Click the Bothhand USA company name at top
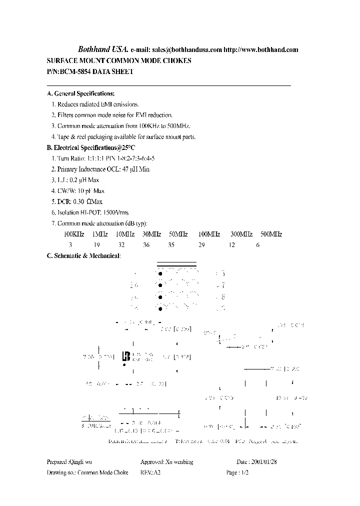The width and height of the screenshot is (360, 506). tap(103, 49)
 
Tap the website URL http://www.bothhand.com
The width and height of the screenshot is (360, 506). tap(260, 50)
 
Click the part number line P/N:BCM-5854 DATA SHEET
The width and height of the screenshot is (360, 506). tap(90, 71)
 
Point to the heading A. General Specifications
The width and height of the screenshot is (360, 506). tap(80, 93)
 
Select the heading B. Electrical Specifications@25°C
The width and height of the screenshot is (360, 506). tap(90, 147)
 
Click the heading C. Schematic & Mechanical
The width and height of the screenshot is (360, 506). tap(83, 256)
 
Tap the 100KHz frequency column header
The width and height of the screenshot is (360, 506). tap(73, 234)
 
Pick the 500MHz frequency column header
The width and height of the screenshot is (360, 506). tap(271, 234)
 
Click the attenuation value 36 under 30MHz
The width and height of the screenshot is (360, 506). tap(146, 245)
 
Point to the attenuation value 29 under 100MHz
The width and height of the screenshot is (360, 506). tap(201, 245)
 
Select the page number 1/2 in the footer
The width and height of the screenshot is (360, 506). tap(244, 472)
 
